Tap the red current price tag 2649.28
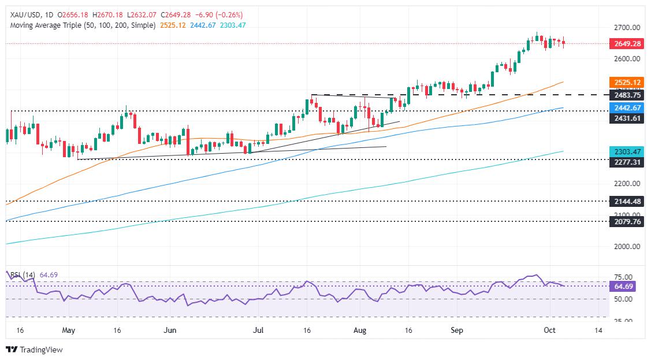coord(626,43)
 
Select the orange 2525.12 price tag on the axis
coord(626,83)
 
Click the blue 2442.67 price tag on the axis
coord(626,109)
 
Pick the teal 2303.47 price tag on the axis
coord(626,151)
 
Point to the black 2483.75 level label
coord(626,95)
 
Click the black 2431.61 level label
coord(626,118)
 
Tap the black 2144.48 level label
coord(626,201)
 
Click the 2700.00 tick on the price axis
coord(626,28)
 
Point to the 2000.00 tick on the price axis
coord(626,246)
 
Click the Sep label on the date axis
coord(457,331)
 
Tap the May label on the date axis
coord(69,331)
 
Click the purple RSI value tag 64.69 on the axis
coord(623,286)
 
